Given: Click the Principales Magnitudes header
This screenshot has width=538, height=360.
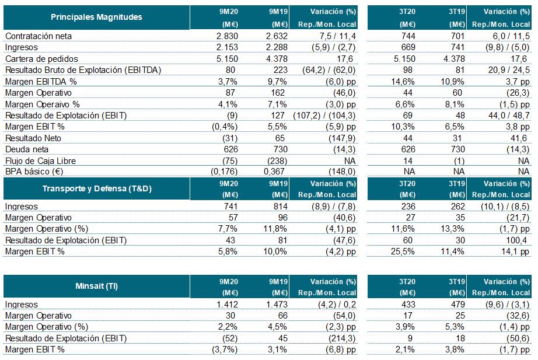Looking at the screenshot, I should (x=96, y=17).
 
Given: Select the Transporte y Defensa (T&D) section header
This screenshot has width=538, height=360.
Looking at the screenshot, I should (x=96, y=188).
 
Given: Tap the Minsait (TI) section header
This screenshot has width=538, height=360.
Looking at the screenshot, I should (x=96, y=286).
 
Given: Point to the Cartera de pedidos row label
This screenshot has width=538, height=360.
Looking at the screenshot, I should (x=41, y=59).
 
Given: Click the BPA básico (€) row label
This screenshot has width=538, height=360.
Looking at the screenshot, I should (x=35, y=172).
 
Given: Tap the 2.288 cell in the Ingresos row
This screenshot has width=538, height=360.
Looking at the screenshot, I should (x=274, y=47).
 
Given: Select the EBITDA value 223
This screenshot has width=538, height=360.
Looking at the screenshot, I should (x=278, y=70).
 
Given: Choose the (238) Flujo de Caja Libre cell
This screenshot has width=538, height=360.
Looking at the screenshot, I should (x=275, y=160).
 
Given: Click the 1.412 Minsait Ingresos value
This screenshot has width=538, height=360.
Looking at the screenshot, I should (x=222, y=305).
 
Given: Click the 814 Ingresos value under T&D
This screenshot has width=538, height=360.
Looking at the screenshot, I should (x=278, y=207).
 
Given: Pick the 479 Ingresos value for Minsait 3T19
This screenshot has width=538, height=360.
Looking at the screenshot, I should (x=457, y=305).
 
